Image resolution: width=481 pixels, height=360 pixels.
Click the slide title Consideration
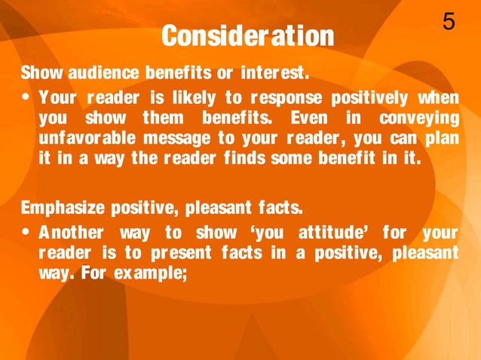(247, 35)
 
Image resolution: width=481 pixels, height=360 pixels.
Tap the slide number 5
(449, 23)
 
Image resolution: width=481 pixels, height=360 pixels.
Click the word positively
(371, 99)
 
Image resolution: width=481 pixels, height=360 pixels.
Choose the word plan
(440, 139)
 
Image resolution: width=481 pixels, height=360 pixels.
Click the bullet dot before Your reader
(27, 99)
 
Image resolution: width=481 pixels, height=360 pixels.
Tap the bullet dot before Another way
(27, 230)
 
